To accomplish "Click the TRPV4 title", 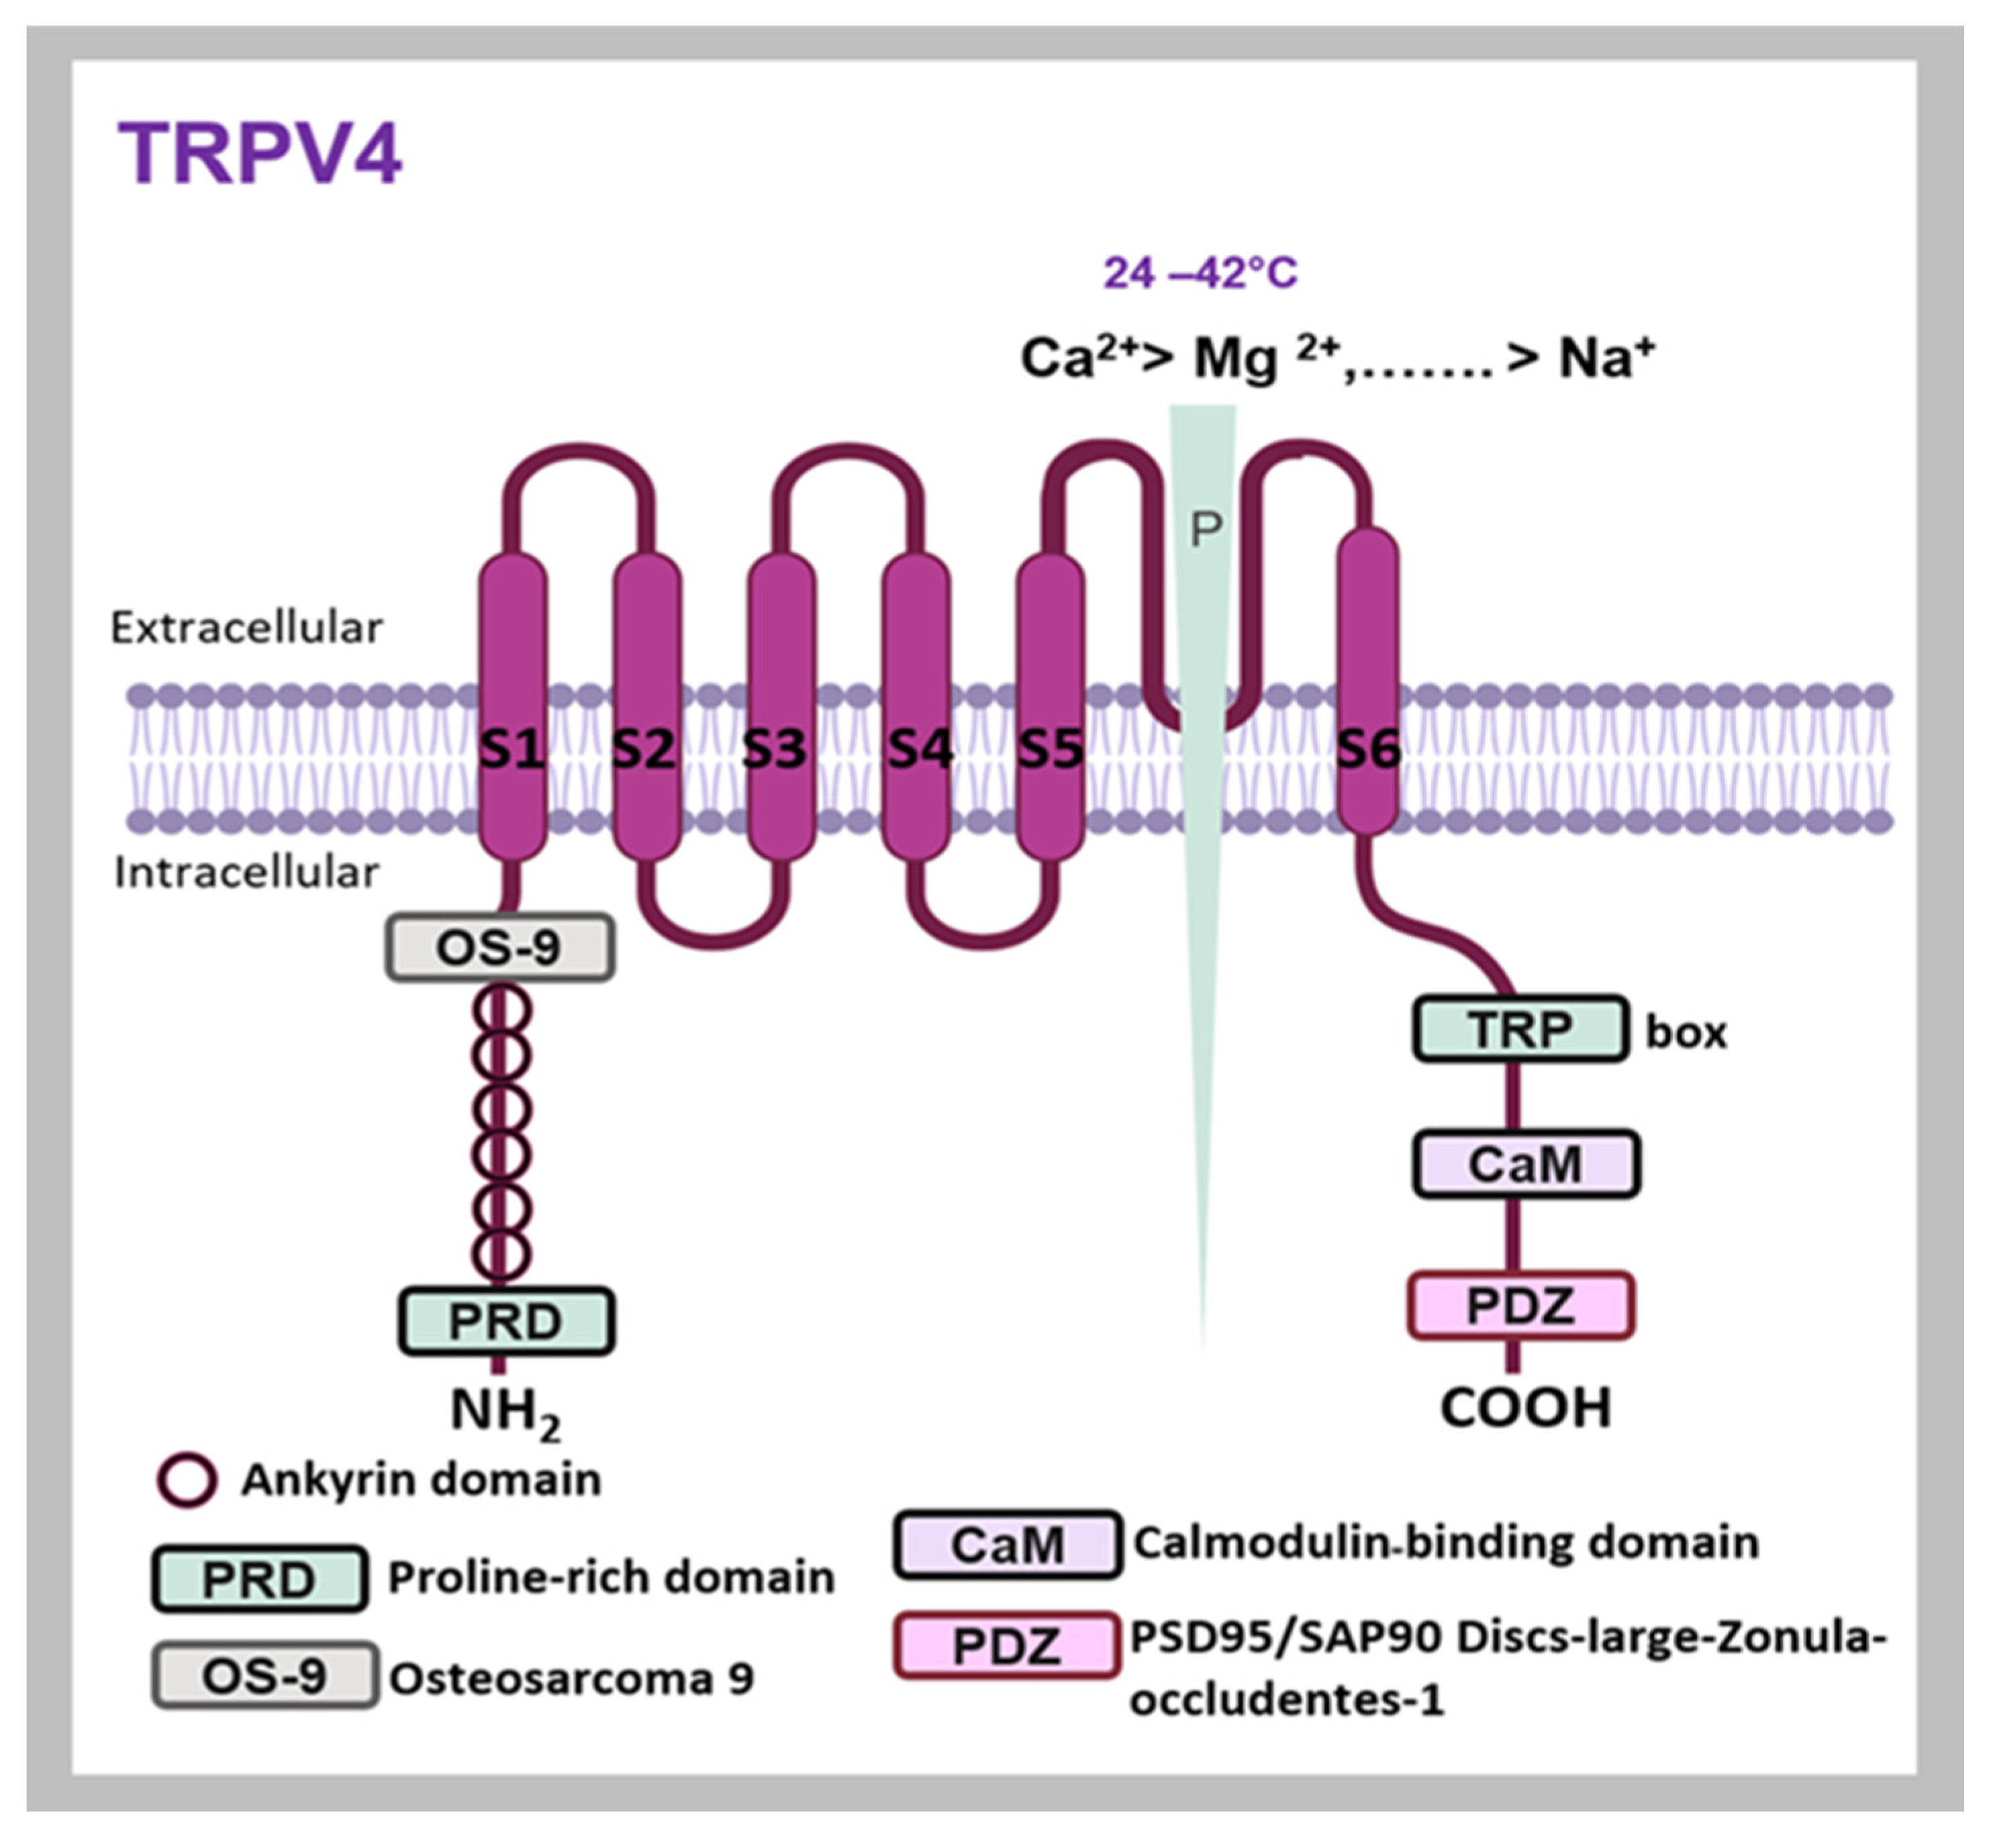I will [260, 154].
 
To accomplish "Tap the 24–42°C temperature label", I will [1200, 273].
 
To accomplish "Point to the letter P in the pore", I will [1205, 531].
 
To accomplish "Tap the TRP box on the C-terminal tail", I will [1520, 1029].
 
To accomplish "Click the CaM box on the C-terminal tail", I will [1526, 1163].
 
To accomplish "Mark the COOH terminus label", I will [1526, 1407].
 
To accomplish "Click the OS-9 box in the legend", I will [265, 1676].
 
